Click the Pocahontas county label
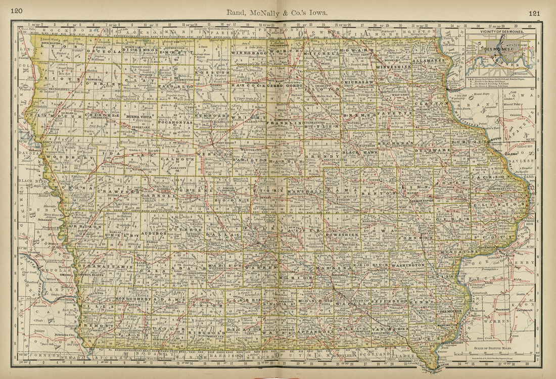(x=173, y=122)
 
